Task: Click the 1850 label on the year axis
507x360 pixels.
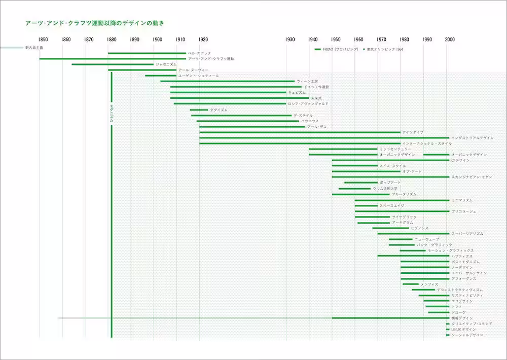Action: (43, 40)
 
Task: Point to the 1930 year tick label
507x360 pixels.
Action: (290, 40)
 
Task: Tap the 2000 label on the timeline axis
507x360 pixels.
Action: (450, 40)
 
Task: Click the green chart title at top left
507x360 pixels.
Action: (95, 23)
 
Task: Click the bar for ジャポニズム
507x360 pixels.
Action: (113, 64)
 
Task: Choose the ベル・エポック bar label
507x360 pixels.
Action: (199, 53)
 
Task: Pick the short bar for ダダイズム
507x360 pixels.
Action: (199, 110)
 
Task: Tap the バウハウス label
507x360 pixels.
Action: (310, 121)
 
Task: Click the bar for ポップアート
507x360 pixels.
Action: (361, 183)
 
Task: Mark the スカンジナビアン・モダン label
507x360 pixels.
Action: (472, 177)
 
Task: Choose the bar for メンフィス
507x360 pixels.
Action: (411, 284)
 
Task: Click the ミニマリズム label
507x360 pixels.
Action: (462, 200)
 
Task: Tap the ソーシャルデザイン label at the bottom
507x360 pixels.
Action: (467, 335)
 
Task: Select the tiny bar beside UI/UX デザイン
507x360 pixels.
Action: (448, 330)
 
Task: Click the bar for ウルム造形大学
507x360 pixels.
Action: (354, 189)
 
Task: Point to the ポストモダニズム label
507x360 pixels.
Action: (465, 262)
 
